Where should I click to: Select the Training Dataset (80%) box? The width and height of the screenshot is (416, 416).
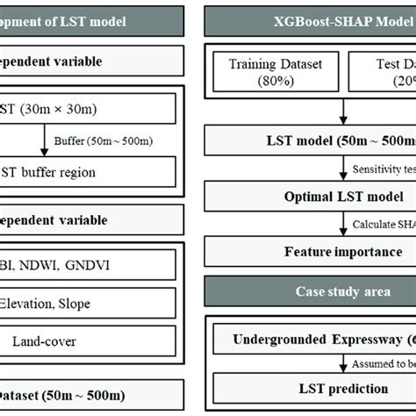point(276,74)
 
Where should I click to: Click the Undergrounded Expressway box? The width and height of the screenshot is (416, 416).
point(316,339)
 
